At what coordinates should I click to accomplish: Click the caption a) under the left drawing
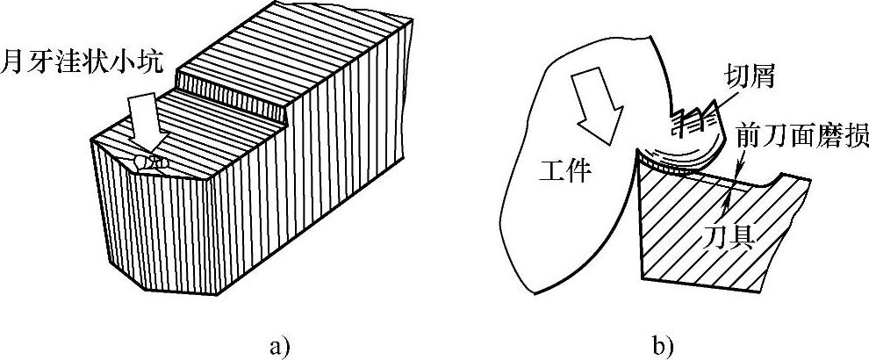[279, 345]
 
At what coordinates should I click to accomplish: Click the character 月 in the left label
[14, 62]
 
